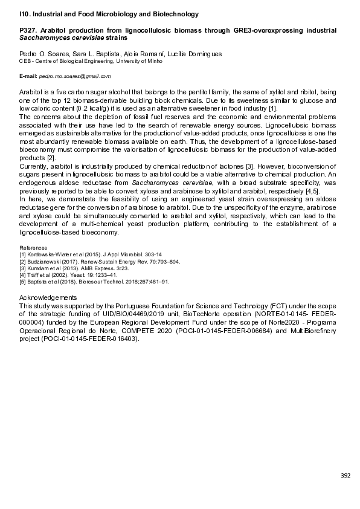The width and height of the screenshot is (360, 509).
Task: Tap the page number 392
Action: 346,476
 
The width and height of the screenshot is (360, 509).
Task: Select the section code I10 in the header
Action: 24,13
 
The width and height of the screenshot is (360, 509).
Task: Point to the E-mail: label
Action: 28,77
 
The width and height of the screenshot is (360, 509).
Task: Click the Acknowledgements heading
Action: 48,297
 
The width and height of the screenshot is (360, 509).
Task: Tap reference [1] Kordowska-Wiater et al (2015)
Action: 78,254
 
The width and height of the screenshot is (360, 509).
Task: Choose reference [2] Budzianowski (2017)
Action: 79,261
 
